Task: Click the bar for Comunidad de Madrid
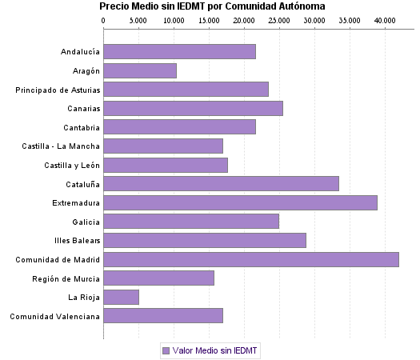pyautogui.click(x=251, y=259)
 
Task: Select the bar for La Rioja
pyautogui.click(x=122, y=298)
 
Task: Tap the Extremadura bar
pyautogui.click(x=240, y=202)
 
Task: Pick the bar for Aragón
pyautogui.click(x=140, y=70)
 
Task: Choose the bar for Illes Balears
pyautogui.click(x=205, y=240)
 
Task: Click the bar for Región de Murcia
pyautogui.click(x=159, y=278)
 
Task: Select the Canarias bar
pyautogui.click(x=193, y=108)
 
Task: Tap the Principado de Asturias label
pyautogui.click(x=58, y=90)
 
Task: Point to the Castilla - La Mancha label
pyautogui.click(x=61, y=146)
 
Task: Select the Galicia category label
pyautogui.click(x=86, y=222)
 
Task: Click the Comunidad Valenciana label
pyautogui.click(x=54, y=316)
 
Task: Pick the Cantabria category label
pyautogui.click(x=82, y=127)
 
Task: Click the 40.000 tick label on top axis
pyautogui.click(x=385, y=19)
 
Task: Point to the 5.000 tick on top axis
pyautogui.click(x=138, y=19)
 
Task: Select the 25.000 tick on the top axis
pyautogui.click(x=279, y=19)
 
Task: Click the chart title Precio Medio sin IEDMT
pyautogui.click(x=211, y=6)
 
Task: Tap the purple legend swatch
pyautogui.click(x=166, y=350)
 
